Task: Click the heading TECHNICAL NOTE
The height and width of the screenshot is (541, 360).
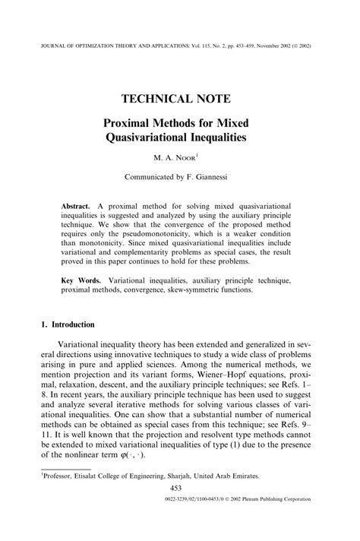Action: click(179, 98)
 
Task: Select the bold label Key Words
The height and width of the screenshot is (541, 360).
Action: click(81, 281)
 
